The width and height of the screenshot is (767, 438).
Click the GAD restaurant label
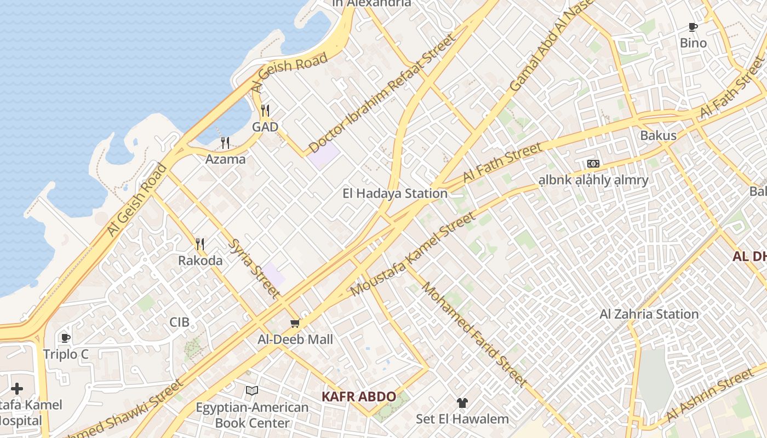click(x=265, y=127)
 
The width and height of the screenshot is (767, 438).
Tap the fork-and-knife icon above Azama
click(x=225, y=143)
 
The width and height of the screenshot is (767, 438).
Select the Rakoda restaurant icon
click(x=200, y=244)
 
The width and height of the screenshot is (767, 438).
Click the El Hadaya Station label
click(x=395, y=193)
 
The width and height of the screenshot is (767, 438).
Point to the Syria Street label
click(x=253, y=269)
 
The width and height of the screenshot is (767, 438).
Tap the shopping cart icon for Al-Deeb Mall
click(x=295, y=324)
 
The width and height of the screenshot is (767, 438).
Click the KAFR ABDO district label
click(x=358, y=396)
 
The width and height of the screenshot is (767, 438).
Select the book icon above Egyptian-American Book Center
click(x=252, y=390)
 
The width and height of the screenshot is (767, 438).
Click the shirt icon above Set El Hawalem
click(x=462, y=403)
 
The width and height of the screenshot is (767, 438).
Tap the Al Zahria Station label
click(x=649, y=314)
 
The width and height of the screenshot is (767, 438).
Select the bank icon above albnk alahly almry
click(x=593, y=164)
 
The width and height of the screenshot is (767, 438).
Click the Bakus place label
click(x=658, y=135)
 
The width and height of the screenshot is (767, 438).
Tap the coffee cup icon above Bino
click(x=693, y=27)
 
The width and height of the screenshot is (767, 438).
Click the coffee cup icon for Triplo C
click(x=66, y=338)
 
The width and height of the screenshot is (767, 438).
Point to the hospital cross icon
click(x=17, y=389)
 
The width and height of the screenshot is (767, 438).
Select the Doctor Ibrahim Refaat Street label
click(x=382, y=94)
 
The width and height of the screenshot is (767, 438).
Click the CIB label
click(x=179, y=322)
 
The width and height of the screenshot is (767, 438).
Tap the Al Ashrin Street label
click(x=709, y=396)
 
